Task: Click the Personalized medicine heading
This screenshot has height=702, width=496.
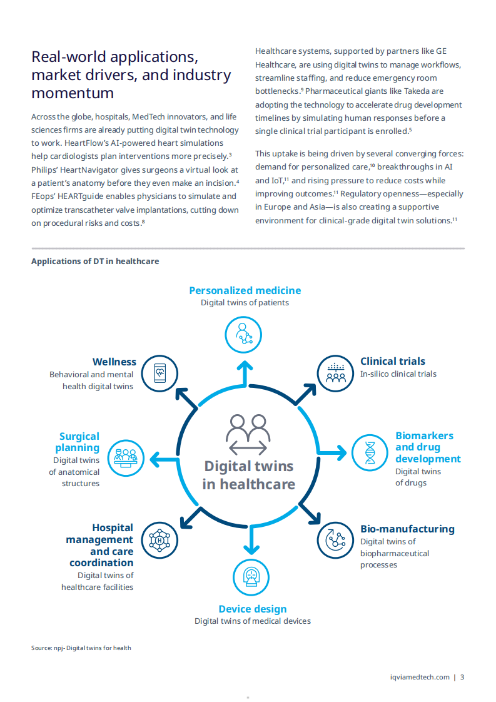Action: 245,290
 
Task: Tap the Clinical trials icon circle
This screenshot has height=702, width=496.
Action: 336,374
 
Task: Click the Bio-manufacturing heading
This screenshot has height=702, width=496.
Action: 407,529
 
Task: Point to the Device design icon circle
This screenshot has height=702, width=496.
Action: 251,577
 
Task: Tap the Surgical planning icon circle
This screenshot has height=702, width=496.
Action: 126,458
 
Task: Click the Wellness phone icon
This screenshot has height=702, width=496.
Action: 160,374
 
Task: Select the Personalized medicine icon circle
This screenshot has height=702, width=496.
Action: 243,334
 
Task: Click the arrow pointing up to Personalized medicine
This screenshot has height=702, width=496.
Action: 245,370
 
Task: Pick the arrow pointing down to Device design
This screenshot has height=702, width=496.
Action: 251,542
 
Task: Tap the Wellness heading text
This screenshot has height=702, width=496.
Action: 114,362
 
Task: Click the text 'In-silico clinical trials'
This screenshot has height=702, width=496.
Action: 398,374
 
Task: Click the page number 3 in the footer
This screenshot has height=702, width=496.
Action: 462,676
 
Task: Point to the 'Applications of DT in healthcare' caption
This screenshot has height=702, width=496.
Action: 95,261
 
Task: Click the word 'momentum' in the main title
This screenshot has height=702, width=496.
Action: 73,93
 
